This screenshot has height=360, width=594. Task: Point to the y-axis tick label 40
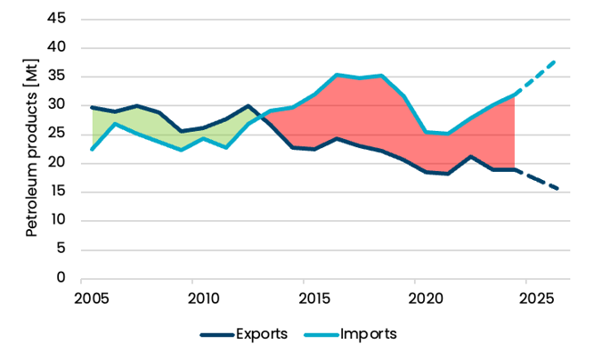(x=59, y=48)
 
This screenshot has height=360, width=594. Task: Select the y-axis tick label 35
(x=59, y=77)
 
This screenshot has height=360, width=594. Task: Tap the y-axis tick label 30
(x=59, y=105)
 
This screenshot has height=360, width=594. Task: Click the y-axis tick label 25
(x=59, y=135)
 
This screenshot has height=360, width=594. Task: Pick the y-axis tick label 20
(x=59, y=163)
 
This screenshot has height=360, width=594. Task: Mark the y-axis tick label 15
(x=59, y=192)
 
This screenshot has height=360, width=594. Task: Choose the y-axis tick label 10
(x=59, y=220)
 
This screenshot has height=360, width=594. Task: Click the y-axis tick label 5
(x=62, y=249)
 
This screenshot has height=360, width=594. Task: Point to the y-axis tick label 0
(x=62, y=278)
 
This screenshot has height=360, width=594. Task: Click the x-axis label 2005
(x=93, y=297)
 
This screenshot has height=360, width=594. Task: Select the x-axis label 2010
(x=204, y=297)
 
